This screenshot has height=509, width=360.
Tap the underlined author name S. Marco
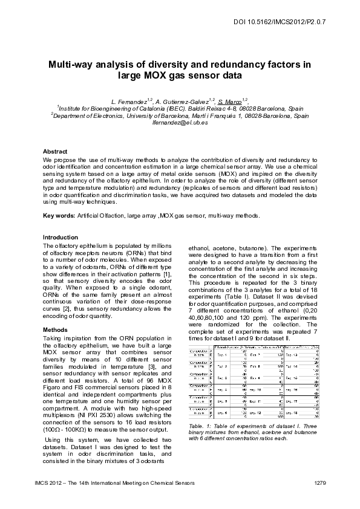(x=231, y=99)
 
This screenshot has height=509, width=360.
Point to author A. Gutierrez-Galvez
(x=182, y=99)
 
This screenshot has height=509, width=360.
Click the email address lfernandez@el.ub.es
(x=180, y=123)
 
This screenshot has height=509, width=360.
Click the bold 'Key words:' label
(x=59, y=216)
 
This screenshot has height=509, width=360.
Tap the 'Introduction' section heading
(x=61, y=237)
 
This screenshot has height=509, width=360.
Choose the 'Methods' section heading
(x=56, y=329)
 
